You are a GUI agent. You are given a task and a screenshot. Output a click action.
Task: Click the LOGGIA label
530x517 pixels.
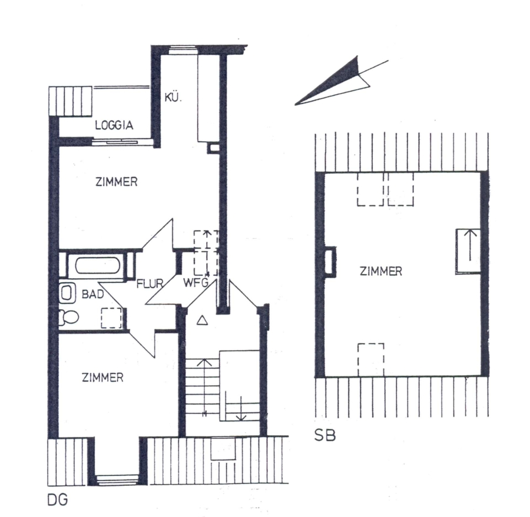coord(114,125)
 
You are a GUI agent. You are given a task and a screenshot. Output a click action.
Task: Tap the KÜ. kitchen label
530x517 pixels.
coord(173,97)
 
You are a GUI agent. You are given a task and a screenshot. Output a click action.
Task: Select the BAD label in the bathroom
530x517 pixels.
coord(92,294)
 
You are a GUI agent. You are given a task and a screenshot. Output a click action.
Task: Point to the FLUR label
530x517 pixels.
coord(150,283)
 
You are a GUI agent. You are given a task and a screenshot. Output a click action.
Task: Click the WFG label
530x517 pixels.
coord(196,282)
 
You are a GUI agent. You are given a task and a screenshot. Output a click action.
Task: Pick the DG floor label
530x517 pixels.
coord(58,500)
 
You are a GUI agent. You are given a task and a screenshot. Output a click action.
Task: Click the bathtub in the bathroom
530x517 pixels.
coord(97,266)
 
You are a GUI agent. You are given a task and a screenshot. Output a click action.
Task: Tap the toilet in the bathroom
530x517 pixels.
coord(69,318)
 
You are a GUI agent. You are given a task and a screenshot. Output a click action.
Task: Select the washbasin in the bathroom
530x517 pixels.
coord(66,292)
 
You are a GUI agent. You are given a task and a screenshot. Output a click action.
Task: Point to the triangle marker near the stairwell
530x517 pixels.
coord(202,320)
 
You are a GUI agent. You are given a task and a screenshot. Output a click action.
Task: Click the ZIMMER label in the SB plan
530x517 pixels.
coord(380,271)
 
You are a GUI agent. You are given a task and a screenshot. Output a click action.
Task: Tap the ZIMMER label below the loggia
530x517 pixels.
coord(116,182)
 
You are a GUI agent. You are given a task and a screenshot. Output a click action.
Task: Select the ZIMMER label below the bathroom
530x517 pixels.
coord(102,377)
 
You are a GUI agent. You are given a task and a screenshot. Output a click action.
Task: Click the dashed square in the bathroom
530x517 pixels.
coord(111,318)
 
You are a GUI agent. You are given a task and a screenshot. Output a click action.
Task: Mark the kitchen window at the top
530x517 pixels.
coord(183,51)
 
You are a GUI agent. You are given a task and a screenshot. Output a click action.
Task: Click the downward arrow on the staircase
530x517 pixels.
coord(241,409)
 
